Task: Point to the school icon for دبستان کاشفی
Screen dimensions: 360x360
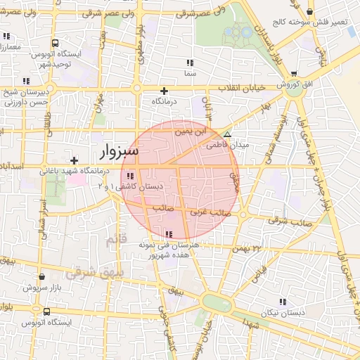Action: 130,176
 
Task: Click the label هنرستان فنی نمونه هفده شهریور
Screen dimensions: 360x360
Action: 169,250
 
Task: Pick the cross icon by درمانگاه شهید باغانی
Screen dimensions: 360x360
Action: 74,160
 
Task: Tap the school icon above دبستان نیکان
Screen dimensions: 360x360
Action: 283,301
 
